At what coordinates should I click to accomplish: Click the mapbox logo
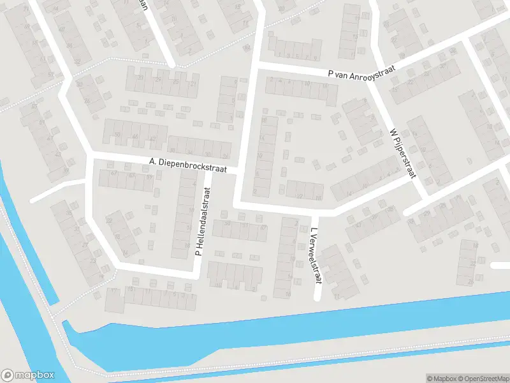pyautogui.click(x=27, y=375)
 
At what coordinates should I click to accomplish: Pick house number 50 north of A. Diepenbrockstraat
pyautogui.click(x=117, y=135)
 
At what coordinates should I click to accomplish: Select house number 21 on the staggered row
pyautogui.click(x=193, y=84)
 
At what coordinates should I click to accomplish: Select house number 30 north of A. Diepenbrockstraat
pyautogui.click(x=172, y=150)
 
